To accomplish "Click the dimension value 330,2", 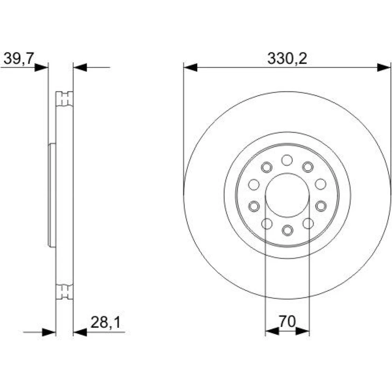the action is pos(287,59).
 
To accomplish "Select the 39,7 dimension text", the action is pos(19,59).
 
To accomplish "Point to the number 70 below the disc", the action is pos(287,321).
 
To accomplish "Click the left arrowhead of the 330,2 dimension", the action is pos(190,67).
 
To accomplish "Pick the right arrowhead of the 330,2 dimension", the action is pos(384,67).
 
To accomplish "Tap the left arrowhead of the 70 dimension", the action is pos(272,332).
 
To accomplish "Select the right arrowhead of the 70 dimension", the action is pos(303,332).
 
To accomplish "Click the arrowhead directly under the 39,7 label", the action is pos(41,67).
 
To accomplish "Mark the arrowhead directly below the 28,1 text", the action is pos(80,332).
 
